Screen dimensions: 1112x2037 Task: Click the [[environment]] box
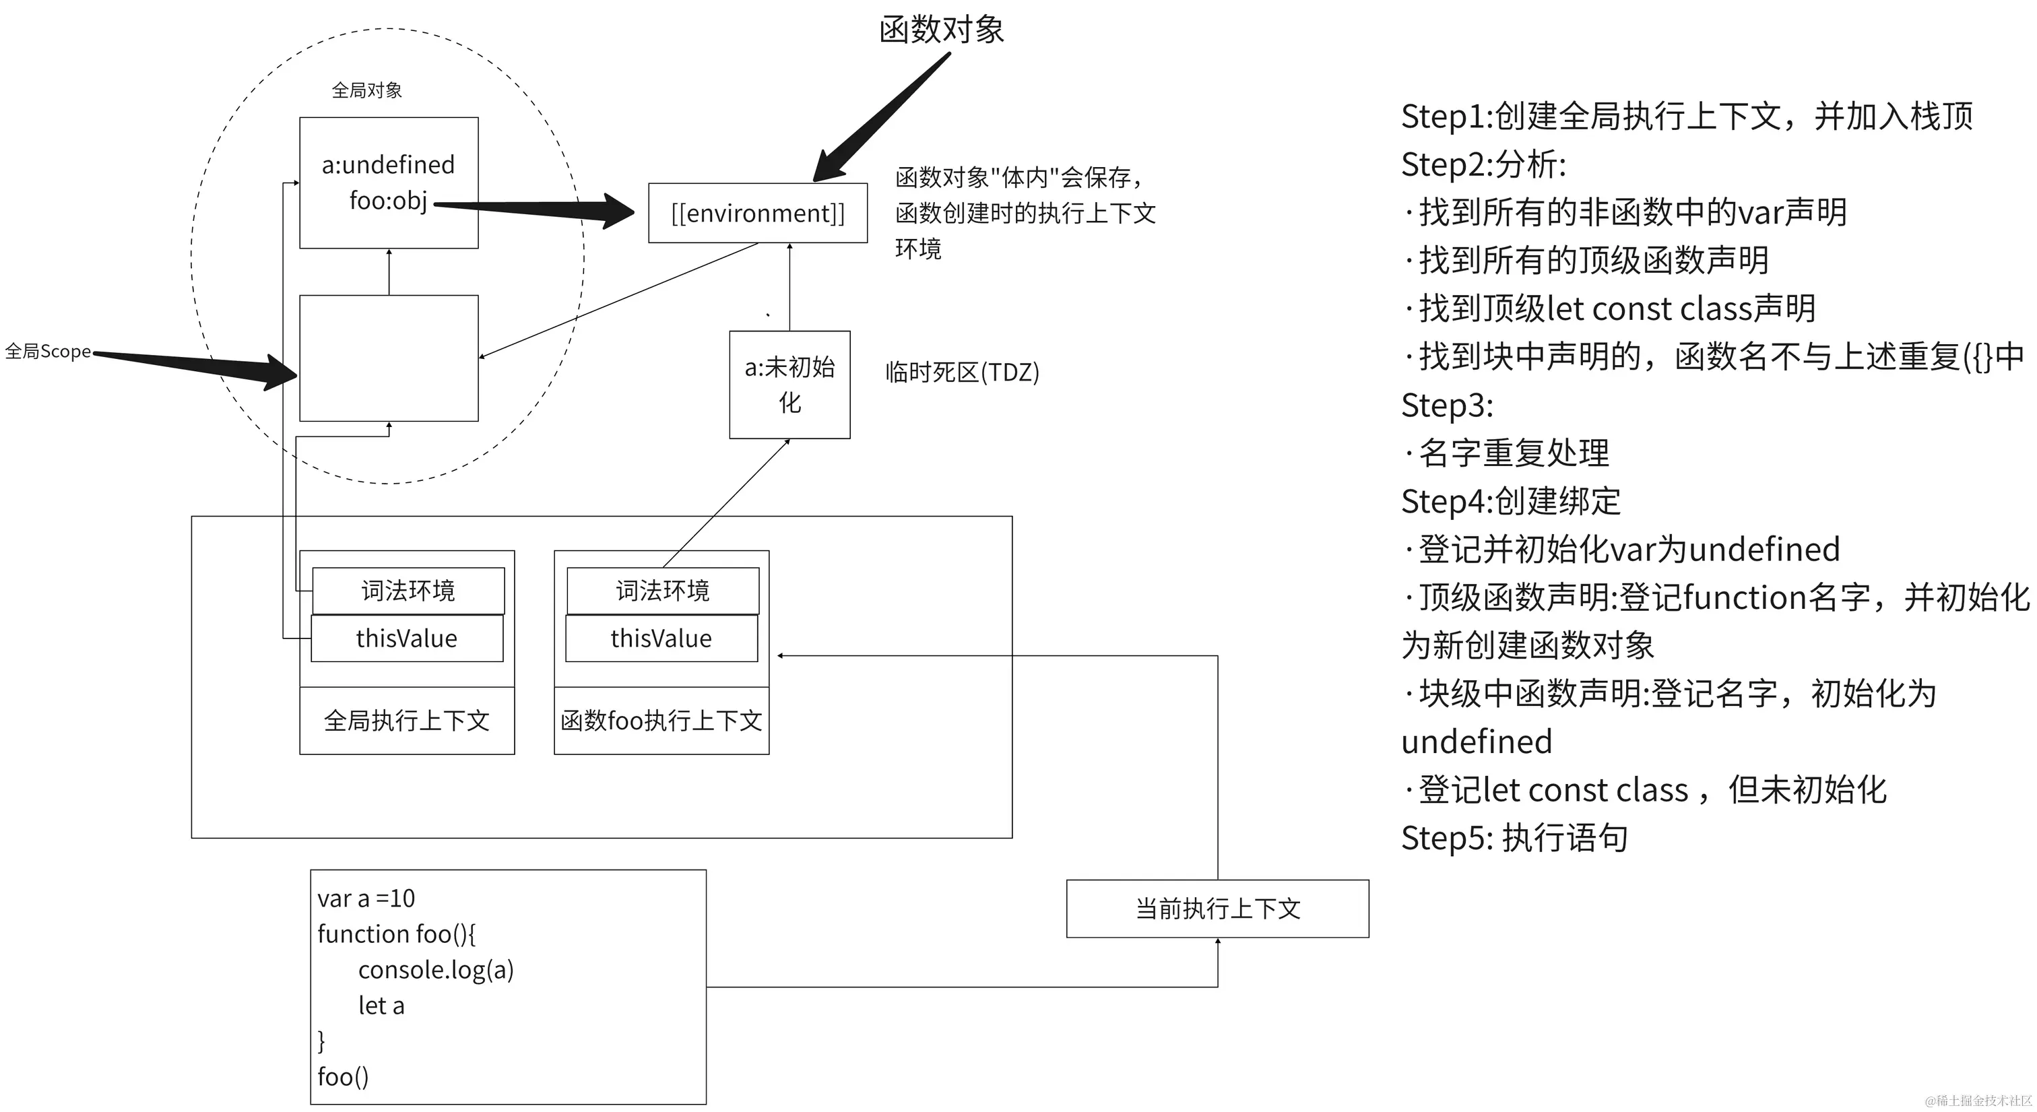[x=758, y=213]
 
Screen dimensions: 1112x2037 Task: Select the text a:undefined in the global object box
[x=387, y=164]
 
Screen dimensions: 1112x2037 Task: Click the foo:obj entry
[x=387, y=201]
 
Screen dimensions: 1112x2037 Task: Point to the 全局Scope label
[x=47, y=351]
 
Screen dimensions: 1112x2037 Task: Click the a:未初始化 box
[x=789, y=385]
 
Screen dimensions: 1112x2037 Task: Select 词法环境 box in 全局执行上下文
[x=408, y=590]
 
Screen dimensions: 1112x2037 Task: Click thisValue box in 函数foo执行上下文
[x=661, y=639]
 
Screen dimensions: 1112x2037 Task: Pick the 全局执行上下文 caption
[x=406, y=721]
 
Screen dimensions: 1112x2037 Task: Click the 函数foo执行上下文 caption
[x=661, y=721]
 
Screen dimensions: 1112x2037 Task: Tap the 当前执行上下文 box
[x=1217, y=909]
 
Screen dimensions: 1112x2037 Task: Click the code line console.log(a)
[x=436, y=970]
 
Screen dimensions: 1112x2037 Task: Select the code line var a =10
[x=366, y=898]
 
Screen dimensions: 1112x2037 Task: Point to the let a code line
[x=381, y=1005]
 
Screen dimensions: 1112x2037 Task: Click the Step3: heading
[x=1447, y=405]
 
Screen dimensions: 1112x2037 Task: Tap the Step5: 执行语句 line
[x=1514, y=839]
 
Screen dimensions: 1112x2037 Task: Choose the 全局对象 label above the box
[x=366, y=90]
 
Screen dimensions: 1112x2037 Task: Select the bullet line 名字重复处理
[x=1512, y=453]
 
